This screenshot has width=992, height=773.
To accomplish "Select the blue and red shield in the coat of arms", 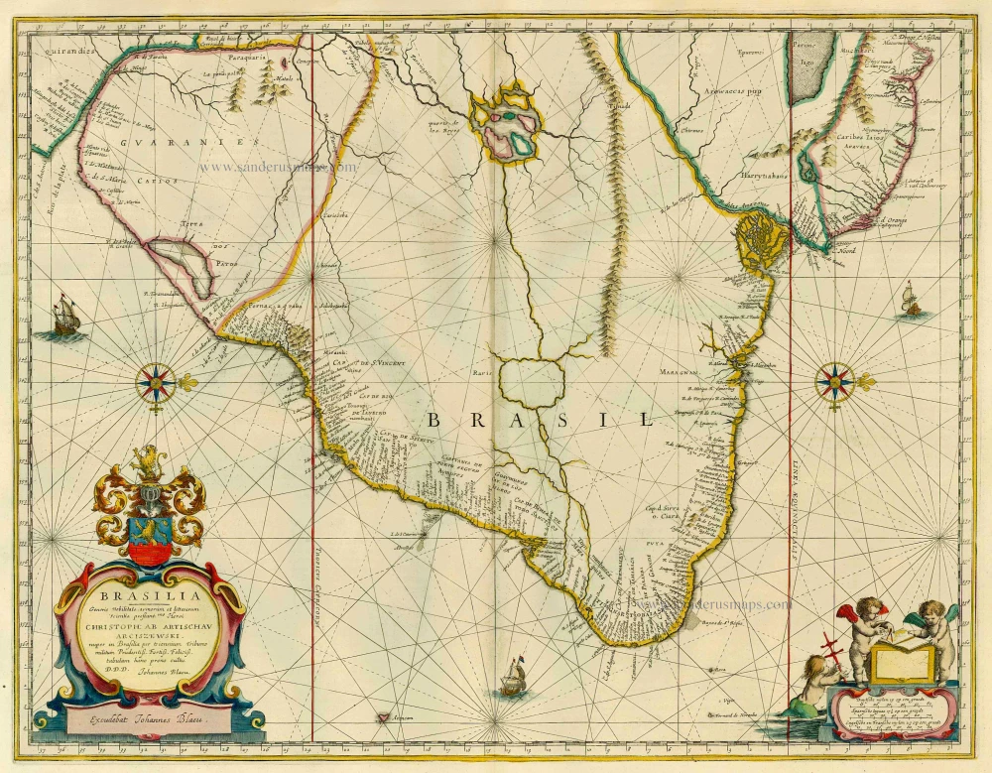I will tap(148, 536).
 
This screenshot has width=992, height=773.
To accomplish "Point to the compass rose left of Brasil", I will tap(155, 382).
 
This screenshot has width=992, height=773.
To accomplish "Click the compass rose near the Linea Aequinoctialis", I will tap(836, 382).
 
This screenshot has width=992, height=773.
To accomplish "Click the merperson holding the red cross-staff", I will tap(818, 681).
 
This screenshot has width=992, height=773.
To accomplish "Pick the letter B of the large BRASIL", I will tap(437, 420).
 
